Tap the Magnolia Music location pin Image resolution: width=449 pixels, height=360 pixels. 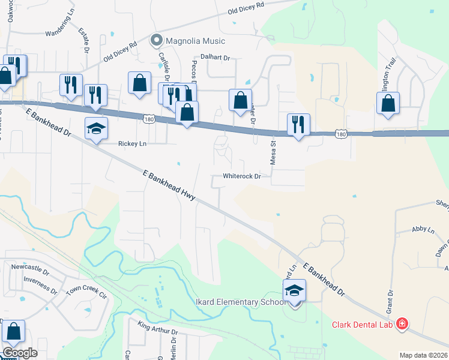click(x=157, y=41)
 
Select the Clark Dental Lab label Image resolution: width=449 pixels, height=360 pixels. click(x=363, y=325)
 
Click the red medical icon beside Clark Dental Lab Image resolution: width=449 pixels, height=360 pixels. click(x=402, y=325)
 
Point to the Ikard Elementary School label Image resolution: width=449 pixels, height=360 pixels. click(x=240, y=302)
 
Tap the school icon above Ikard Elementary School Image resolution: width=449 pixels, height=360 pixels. click(x=295, y=291)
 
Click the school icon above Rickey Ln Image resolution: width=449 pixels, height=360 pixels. click(x=96, y=129)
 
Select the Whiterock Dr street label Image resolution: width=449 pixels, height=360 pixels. click(x=242, y=176)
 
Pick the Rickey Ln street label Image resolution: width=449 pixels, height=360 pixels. click(x=133, y=144)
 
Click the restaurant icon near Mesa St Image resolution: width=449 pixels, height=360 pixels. click(x=298, y=125)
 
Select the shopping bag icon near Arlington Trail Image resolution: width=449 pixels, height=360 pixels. click(x=388, y=103)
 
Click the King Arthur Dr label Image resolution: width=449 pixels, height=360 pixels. click(x=158, y=329)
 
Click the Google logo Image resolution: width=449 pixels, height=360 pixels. click(x=20, y=352)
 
